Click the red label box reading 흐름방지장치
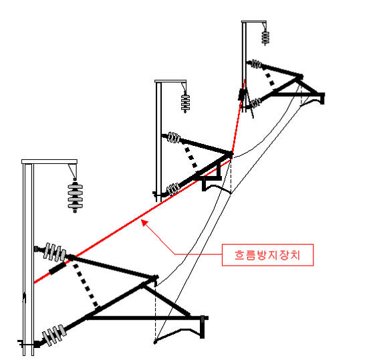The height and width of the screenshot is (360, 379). pyautogui.click(x=267, y=255)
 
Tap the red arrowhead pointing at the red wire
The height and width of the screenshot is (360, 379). pyautogui.click(x=144, y=223)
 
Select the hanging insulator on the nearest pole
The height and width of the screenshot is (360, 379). pyautogui.click(x=75, y=195)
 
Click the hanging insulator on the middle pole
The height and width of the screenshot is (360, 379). pyautogui.click(x=185, y=103)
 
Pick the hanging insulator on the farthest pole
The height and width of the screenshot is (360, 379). pyautogui.click(x=265, y=37)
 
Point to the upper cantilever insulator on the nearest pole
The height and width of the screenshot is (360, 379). pyautogui.click(x=54, y=252)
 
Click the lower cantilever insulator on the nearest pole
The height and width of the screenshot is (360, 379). pyautogui.click(x=54, y=335)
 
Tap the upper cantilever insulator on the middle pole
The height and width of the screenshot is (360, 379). pyautogui.click(x=174, y=137)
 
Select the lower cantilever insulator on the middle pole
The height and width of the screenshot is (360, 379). pyautogui.click(x=174, y=189)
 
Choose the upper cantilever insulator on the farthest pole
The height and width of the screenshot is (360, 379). pyautogui.click(x=256, y=64)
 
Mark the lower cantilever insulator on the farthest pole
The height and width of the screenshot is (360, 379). pyautogui.click(x=256, y=102)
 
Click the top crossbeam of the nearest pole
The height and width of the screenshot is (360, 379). pyautogui.click(x=49, y=162)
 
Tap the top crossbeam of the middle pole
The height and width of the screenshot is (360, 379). pyautogui.click(x=170, y=81)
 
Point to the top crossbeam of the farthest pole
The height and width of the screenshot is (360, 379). pyautogui.click(x=254, y=22)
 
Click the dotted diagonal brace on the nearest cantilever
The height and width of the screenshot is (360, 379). pyautogui.click(x=86, y=286)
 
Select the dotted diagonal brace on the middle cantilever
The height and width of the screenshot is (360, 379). pyautogui.click(x=191, y=157)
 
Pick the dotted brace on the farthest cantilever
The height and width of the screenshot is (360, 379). pyautogui.click(x=270, y=79)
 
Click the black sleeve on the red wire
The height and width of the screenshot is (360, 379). pyautogui.click(x=57, y=268)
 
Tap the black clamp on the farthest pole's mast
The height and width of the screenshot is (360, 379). pyautogui.click(x=242, y=94)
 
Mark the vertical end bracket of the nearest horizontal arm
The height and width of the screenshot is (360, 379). pyautogui.click(x=203, y=327)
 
